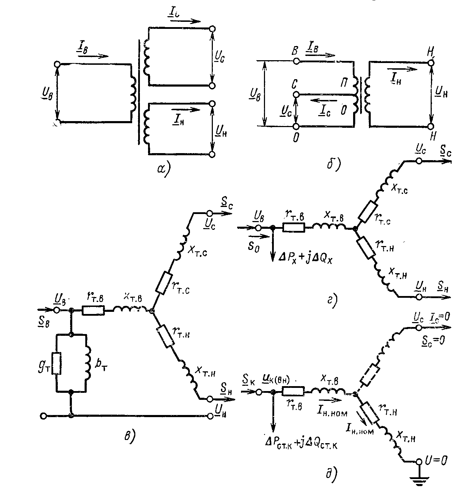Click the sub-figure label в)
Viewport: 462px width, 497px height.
click(129, 436)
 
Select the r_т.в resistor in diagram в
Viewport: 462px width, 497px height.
click(93, 310)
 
